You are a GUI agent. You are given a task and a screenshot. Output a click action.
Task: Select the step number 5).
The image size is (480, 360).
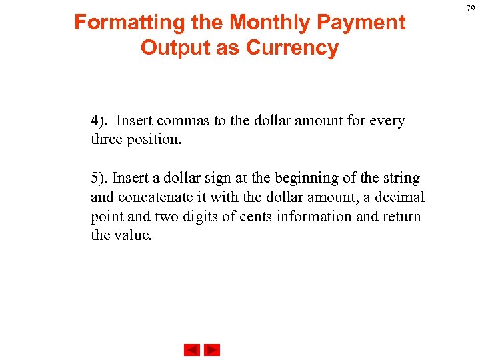[x=101, y=179]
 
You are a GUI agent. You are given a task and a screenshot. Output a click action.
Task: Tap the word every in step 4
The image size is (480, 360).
[x=387, y=121]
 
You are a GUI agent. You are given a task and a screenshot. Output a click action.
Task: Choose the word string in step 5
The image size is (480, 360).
[x=401, y=179]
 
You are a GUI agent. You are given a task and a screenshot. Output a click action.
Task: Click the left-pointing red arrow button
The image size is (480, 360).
[x=191, y=350]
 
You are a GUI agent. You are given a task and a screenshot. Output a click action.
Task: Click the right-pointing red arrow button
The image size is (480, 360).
[x=212, y=350]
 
